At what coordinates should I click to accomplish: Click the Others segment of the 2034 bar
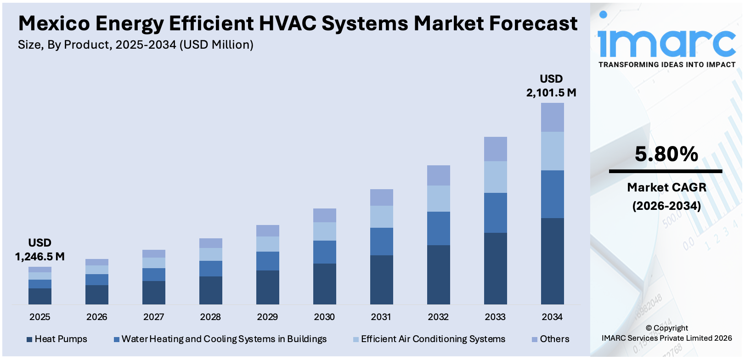(552, 117)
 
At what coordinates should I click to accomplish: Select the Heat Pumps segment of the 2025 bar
(40, 296)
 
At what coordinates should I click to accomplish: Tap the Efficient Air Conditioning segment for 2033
(495, 177)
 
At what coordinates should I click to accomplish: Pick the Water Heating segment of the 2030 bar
(324, 252)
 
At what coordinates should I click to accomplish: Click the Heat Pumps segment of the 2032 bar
(438, 274)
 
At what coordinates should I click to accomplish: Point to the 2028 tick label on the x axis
(210, 317)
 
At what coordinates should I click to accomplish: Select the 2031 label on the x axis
(381, 317)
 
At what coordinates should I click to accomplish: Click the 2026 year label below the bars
(96, 317)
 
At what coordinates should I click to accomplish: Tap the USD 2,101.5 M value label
(551, 86)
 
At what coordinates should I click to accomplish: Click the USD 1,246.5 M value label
(40, 250)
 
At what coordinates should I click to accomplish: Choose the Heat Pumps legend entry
(57, 339)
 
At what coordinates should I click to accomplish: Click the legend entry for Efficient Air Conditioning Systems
(429, 339)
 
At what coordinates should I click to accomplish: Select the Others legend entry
(550, 339)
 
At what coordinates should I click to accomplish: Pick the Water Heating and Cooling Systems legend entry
(220, 339)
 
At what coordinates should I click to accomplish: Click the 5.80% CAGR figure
(666, 154)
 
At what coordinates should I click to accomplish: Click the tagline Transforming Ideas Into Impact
(667, 65)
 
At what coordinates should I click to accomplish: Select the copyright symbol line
(666, 328)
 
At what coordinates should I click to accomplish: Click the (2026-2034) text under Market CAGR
(666, 206)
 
